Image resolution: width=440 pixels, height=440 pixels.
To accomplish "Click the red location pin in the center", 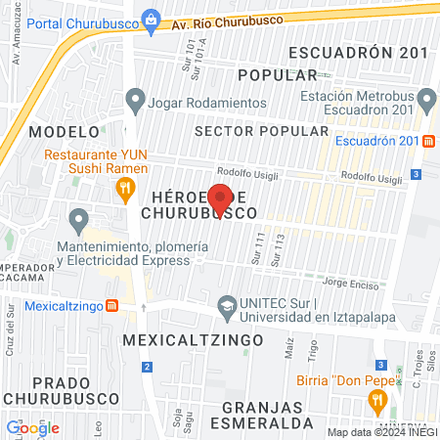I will click(220, 198).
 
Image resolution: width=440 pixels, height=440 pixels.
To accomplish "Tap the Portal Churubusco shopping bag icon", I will click(151, 18).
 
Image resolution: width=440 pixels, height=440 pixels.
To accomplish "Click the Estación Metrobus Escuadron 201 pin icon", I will click(426, 100).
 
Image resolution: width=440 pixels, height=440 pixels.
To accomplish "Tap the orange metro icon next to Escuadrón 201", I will click(429, 141).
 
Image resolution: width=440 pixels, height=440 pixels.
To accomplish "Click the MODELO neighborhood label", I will click(65, 131).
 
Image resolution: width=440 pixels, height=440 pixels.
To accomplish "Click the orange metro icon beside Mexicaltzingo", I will click(112, 304).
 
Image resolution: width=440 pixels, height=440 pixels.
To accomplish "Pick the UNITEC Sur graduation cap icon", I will click(228, 305).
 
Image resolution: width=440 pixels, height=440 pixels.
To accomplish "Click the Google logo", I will click(32, 427).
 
